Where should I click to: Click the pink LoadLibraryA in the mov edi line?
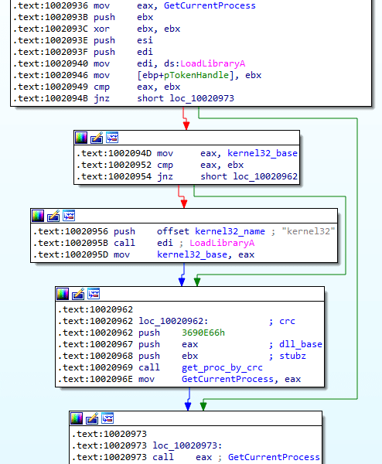coord(213,63)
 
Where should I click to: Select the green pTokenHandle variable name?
coord(196,75)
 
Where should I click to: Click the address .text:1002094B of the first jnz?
coord(50,98)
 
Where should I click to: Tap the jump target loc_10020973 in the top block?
coord(202,98)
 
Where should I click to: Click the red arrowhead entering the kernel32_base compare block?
coord(186,126)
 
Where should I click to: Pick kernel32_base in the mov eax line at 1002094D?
coord(262,153)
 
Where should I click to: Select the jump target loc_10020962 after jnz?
coord(265,176)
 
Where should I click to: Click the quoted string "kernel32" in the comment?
coord(309,231)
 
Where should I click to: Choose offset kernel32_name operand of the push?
coord(211,231)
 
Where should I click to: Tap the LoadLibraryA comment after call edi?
coord(222,243)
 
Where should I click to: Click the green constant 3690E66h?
coord(203,333)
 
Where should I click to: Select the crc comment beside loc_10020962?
coord(287,321)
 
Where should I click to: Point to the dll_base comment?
coord(301,344)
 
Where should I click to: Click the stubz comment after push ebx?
coord(292,356)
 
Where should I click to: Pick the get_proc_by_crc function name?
coord(222,367)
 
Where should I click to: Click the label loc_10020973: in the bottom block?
coord(187,445)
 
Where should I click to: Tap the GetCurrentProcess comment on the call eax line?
coord(274,457)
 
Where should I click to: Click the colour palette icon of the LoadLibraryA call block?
coord(38,216)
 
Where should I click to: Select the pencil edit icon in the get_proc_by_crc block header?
coord(78,294)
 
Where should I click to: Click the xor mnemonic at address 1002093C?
coord(101,29)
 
